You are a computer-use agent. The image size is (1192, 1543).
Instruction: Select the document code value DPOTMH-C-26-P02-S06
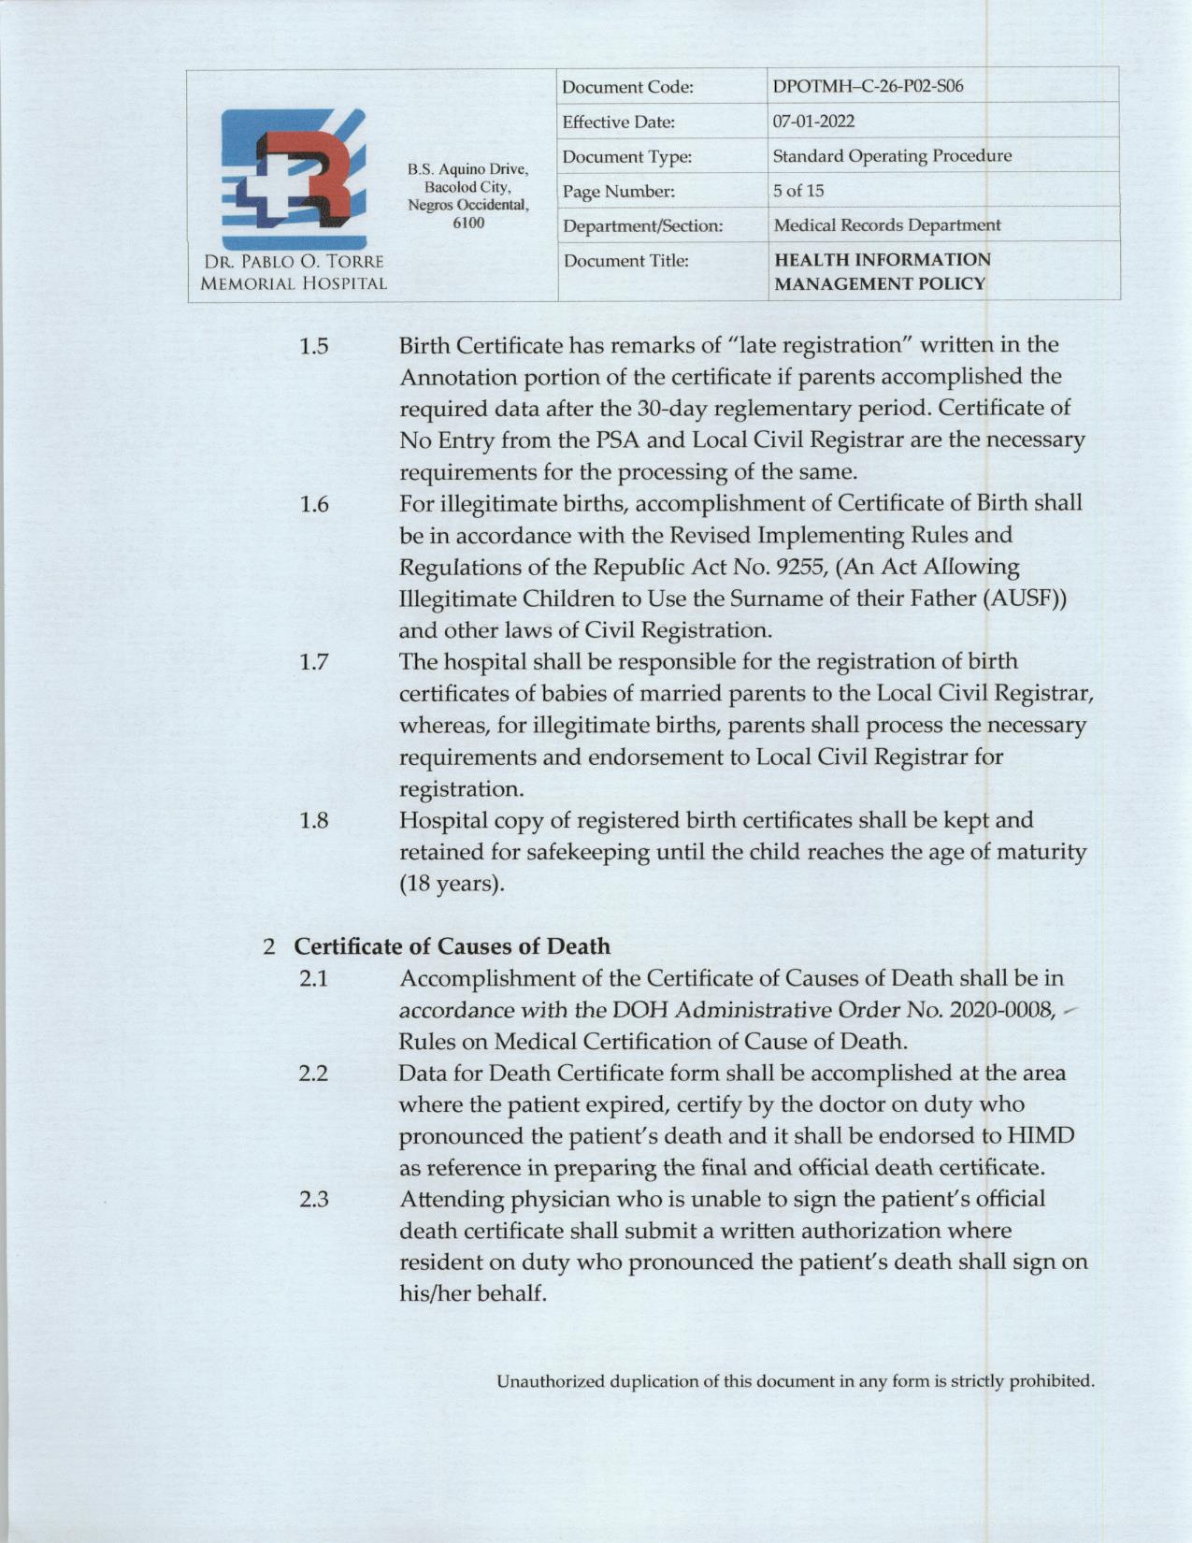868,87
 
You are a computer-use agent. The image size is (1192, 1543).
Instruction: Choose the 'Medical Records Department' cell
886,225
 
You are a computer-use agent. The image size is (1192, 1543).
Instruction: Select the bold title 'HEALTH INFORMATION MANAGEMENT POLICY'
881,271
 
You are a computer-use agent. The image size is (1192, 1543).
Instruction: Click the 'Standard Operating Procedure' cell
891,156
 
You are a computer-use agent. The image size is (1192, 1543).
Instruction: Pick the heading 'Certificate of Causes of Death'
452,946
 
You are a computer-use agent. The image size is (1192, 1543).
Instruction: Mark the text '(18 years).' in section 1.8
452,884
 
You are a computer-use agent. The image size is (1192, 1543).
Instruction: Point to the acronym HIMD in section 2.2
1040,1136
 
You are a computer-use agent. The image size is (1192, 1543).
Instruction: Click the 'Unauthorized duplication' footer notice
795,1380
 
